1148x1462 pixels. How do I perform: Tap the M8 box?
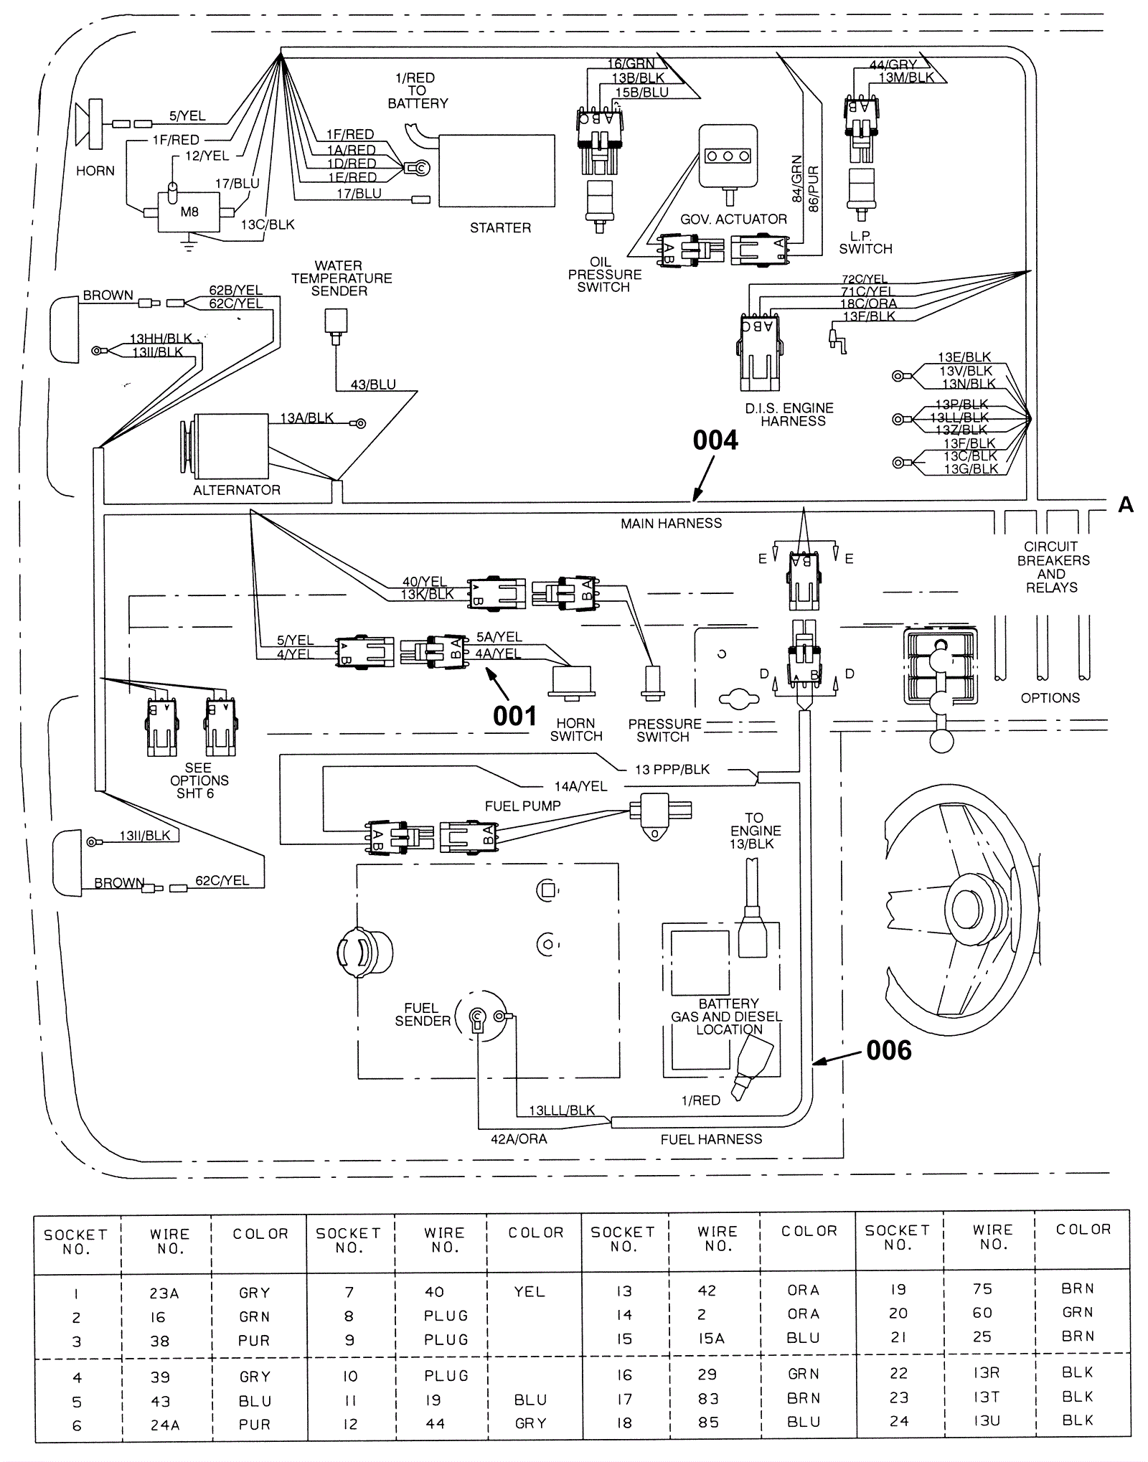189,212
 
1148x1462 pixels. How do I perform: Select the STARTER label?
500,227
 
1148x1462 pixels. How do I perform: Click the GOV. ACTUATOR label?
733,219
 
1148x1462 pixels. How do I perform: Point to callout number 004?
715,440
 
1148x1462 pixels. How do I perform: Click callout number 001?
514,716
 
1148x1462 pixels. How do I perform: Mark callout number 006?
888,1050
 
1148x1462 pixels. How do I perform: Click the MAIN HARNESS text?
671,524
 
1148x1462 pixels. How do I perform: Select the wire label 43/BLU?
373,385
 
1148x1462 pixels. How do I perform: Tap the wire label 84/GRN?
796,179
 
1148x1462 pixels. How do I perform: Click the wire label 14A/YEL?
580,786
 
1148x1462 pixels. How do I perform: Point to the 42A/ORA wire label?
519,1139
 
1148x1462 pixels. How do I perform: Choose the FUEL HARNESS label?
711,1139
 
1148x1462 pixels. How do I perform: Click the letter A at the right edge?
1125,506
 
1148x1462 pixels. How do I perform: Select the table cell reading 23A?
164,1293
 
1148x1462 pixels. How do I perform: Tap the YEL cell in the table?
530,1291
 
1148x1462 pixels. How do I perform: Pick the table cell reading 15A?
711,1339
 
